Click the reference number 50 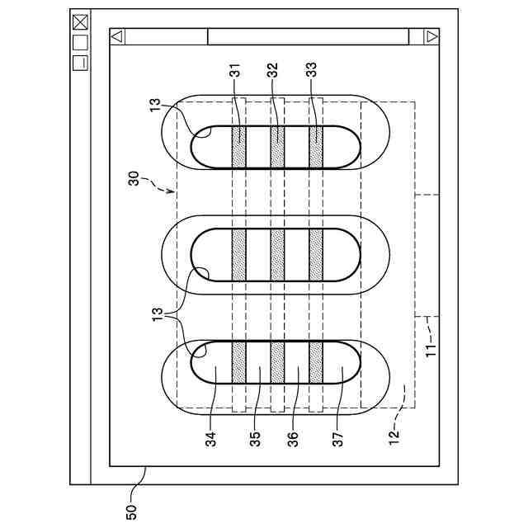click(132, 511)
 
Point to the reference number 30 click(134, 178)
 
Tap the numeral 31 click(236, 70)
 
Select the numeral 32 click(273, 70)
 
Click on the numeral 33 click(312, 70)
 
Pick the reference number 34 click(210, 439)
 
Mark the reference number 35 click(255, 439)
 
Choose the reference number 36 click(294, 439)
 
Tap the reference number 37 click(338, 439)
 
